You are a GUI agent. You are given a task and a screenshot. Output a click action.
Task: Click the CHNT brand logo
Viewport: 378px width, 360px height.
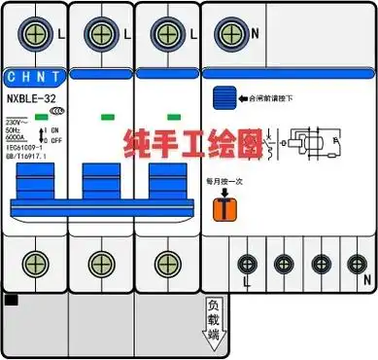[x=34, y=75]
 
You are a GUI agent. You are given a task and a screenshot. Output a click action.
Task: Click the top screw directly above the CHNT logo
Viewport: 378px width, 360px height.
[x=35, y=32]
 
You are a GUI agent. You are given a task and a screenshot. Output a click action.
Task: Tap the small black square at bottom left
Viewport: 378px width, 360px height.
[x=12, y=301]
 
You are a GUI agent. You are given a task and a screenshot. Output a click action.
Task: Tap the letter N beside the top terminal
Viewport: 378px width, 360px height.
[x=256, y=31]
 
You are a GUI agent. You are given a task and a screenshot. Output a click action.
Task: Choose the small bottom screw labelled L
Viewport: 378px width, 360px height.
[x=247, y=263]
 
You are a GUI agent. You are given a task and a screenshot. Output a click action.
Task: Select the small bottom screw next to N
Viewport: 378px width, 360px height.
[x=357, y=263]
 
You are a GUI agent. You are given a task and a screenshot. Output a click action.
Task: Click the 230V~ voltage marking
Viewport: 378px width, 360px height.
[x=17, y=122]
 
